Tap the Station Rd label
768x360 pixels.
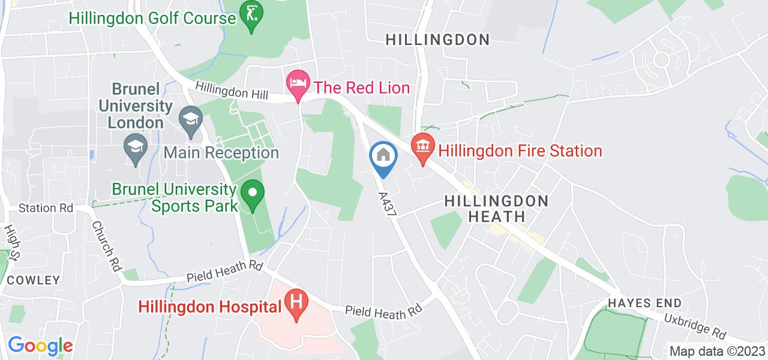pos(45,209)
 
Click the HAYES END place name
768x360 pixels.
pos(643,303)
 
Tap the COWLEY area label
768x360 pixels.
pos(34,280)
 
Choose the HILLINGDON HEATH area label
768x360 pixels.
pos(496,208)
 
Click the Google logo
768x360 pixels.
pos(40,346)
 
